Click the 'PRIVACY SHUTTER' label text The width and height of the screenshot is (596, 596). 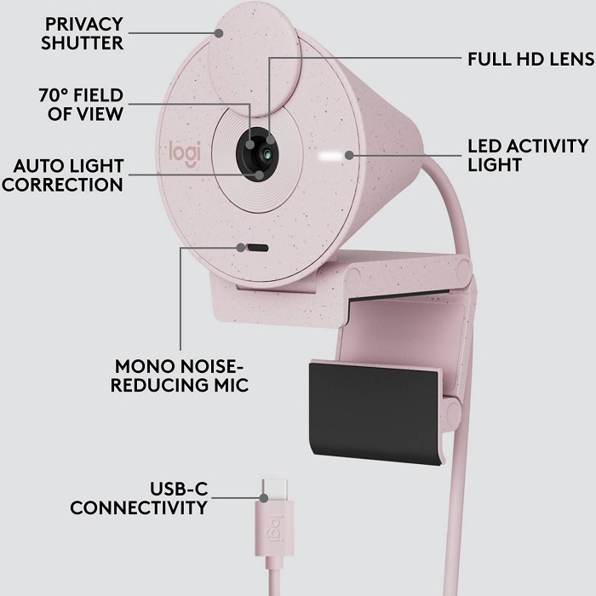click(82, 33)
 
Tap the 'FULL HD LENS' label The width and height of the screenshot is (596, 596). click(531, 60)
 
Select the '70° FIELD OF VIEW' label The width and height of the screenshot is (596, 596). click(81, 105)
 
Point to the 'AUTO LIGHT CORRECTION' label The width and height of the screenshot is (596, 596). click(63, 175)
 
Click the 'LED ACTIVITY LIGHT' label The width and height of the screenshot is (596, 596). click(528, 155)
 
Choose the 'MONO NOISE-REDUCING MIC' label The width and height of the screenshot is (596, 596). click(180, 375)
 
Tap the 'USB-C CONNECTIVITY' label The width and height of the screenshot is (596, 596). click(139, 498)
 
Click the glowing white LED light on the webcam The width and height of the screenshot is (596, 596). click(330, 156)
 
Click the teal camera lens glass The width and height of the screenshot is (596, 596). click(267, 154)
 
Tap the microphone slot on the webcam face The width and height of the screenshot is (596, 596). click(258, 249)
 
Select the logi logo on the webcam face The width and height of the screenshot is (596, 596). click(185, 153)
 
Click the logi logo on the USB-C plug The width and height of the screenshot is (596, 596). click(277, 529)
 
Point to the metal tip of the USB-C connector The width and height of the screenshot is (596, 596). click(274, 490)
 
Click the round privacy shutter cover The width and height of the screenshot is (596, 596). click(255, 60)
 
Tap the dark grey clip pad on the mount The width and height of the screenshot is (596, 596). click(374, 413)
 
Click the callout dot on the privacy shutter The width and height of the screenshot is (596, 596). click(219, 33)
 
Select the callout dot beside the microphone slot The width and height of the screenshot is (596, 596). click(241, 248)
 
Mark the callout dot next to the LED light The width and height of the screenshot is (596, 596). click(349, 155)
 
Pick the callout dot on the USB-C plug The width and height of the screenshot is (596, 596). click(264, 498)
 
